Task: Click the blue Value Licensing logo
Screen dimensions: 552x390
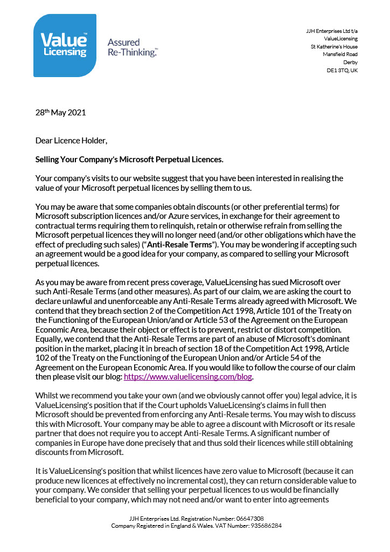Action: pos(65,45)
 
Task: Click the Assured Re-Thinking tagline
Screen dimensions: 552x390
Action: pos(132,47)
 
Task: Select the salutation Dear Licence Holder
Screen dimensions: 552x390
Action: pos(71,141)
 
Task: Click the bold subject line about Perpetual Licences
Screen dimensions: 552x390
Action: pos(129,160)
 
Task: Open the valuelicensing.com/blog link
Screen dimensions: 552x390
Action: pos(188,377)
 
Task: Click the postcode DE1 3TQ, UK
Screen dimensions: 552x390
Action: pos(342,71)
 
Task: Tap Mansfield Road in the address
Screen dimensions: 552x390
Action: pos(340,54)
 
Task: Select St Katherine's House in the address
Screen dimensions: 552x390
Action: pos(335,47)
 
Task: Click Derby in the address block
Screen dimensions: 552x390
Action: pos(350,63)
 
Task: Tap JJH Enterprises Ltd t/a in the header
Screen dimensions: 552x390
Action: pos(331,31)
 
